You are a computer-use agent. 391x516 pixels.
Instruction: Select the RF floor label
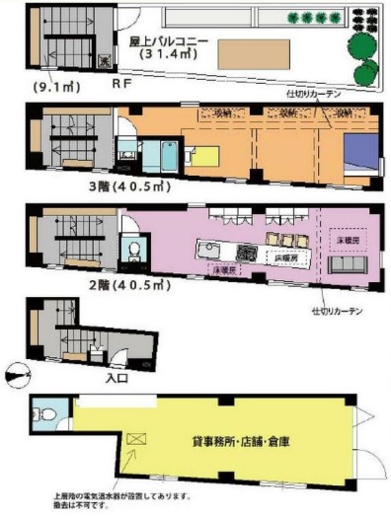124,85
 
